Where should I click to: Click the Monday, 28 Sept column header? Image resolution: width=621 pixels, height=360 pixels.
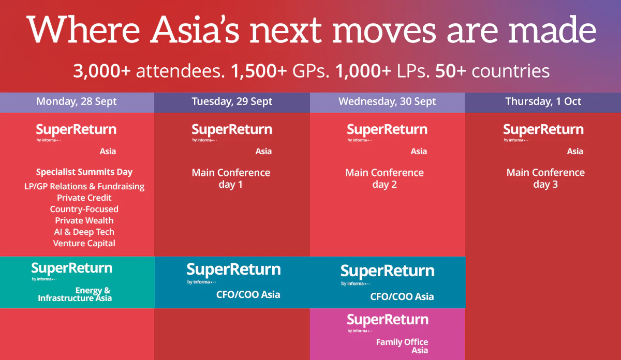point(77,102)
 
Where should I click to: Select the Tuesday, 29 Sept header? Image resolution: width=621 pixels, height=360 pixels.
point(232,102)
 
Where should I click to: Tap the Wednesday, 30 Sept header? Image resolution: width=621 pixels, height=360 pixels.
point(387,102)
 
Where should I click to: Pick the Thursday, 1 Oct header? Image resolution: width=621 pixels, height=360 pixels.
point(543,101)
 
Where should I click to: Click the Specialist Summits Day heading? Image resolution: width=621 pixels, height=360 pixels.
point(84,172)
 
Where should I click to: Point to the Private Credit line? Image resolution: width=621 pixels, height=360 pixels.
point(84,198)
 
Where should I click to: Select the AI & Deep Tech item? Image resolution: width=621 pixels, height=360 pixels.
point(84,232)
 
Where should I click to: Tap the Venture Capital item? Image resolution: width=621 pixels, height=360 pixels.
point(84,243)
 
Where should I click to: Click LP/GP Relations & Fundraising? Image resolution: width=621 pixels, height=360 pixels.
point(84,187)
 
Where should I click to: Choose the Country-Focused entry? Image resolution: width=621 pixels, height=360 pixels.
point(84,209)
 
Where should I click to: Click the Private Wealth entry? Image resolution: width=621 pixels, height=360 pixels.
point(84,220)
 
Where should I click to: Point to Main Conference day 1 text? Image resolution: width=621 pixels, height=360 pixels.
point(231,178)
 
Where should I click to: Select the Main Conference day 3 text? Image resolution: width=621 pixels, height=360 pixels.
point(545,178)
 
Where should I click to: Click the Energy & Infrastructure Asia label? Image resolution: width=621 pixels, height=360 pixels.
point(75,294)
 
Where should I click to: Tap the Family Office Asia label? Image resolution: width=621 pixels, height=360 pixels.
point(402,346)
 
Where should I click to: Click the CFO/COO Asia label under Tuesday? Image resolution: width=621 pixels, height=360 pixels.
point(248,295)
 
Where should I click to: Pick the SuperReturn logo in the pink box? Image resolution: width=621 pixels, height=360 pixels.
point(388,323)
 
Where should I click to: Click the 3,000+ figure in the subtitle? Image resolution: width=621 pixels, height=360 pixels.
point(102,71)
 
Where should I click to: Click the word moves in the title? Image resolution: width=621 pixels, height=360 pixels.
point(384,31)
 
